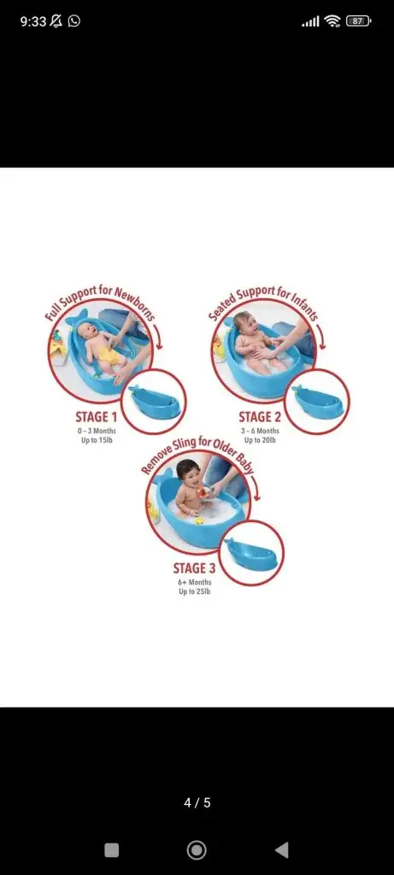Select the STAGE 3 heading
194,568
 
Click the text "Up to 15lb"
97,440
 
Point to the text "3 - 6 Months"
261,431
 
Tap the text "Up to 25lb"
195,591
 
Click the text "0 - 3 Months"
97,431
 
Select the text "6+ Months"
195,582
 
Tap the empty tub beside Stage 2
317,399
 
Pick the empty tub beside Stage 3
251,553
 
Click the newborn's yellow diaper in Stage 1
110,355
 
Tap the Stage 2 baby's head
243,322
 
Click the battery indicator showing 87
358,21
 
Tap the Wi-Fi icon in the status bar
332,21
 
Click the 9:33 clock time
33,21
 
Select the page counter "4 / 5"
197,802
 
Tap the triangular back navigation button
282,850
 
